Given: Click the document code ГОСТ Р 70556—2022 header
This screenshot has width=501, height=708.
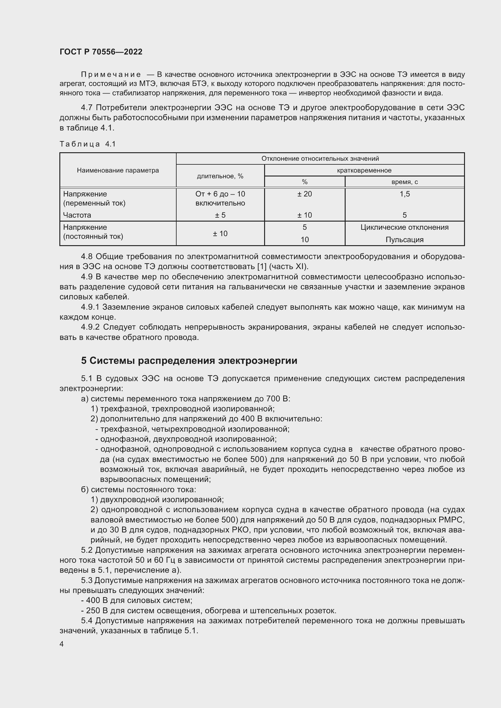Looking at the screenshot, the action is coord(101,52).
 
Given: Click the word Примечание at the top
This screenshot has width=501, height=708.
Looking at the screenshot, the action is coord(111,75).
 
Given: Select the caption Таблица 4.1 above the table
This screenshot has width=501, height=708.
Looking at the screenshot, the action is coord(88,144).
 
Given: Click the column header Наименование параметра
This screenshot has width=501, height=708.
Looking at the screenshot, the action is coord(118,170).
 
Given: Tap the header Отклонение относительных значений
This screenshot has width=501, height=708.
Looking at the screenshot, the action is coord(320,159).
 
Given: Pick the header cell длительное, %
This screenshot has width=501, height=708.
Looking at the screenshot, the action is coord(220,176).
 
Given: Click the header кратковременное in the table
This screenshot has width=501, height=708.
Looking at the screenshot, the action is coord(364,170).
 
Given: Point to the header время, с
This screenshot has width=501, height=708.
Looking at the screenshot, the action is coord(404,182).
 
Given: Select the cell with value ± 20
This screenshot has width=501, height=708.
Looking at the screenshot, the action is coord(304,194).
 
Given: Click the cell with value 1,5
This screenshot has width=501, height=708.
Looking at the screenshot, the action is coord(404,194).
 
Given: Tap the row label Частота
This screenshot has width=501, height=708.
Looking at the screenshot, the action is coord(77,215).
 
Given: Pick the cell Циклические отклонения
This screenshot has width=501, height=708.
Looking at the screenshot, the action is coord(404,227).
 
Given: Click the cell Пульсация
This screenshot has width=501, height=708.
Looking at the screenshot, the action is coord(404,240).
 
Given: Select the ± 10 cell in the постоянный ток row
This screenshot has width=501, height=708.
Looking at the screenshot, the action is coord(220,233).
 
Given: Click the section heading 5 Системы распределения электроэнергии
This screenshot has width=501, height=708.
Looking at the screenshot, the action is coord(189,361).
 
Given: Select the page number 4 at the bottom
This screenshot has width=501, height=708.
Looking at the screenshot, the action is coord(62,644).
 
